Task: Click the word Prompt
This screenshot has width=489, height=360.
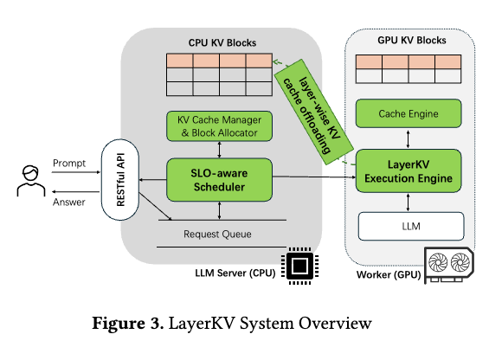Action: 69,163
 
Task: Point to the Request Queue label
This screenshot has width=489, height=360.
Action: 217,234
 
